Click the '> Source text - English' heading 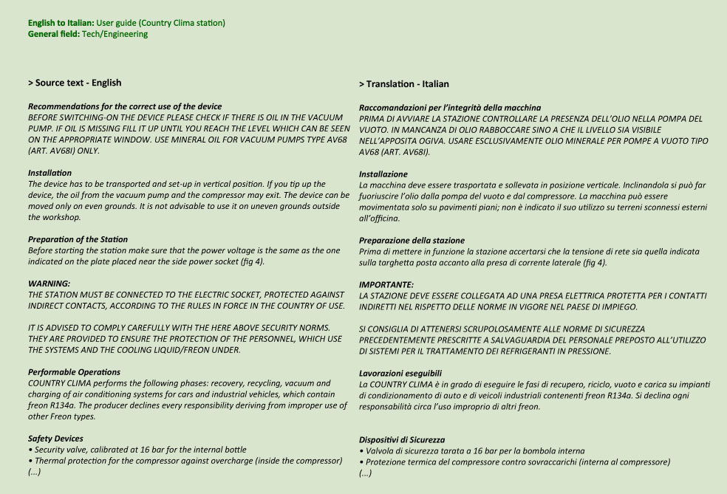click(x=75, y=83)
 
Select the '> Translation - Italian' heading click(x=404, y=84)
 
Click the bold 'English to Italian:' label click(x=61, y=23)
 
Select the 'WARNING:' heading click(x=49, y=283)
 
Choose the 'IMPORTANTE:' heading click(x=386, y=284)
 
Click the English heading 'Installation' click(x=50, y=173)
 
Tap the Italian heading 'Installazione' click(x=383, y=174)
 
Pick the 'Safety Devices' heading click(x=55, y=439)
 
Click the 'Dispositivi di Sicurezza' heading click(x=402, y=440)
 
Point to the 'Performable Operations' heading click(x=74, y=372)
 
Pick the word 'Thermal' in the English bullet click(x=49, y=461)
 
